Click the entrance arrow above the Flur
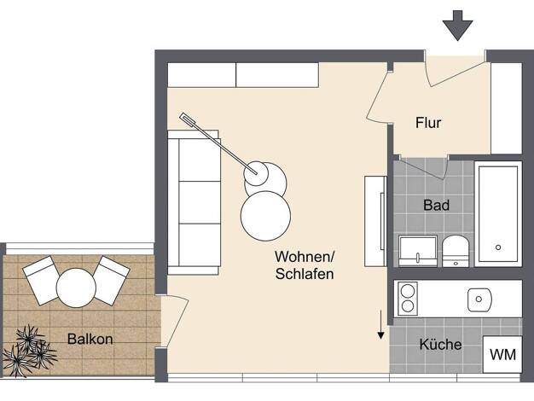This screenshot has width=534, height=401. (x=457, y=26)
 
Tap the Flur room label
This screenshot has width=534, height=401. (x=428, y=123)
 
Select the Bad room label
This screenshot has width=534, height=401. (x=436, y=205)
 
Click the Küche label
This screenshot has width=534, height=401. (x=440, y=344)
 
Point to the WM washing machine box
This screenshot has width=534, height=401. (x=502, y=354)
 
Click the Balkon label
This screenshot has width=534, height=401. (x=90, y=339)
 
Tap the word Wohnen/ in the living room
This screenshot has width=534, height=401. (x=305, y=257)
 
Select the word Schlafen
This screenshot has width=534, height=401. (x=305, y=274)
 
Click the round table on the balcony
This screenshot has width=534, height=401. (x=76, y=288)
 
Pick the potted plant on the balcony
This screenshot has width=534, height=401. (x=29, y=351)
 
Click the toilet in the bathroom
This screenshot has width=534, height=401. (x=456, y=251)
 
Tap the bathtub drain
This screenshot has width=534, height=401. (x=498, y=247)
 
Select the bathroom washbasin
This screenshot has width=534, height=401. (x=418, y=251)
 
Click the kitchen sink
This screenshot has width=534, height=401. (x=479, y=299)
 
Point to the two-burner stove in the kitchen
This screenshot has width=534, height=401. (x=408, y=299)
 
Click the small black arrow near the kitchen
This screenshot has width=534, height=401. (x=380, y=325)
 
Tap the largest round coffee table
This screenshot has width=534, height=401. (x=265, y=216)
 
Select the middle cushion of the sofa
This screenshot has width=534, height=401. (x=200, y=202)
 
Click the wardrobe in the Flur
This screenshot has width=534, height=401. (x=506, y=108)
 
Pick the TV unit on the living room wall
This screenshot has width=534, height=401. (x=375, y=221)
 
